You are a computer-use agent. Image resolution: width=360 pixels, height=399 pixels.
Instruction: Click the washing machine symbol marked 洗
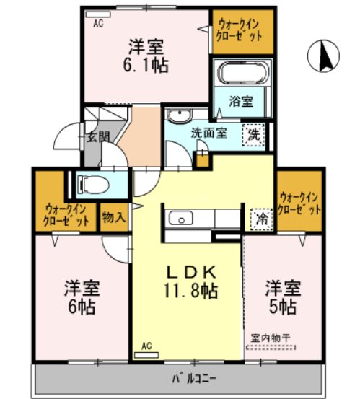[x=254, y=134]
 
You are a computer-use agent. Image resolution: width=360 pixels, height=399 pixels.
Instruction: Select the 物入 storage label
[x=113, y=216]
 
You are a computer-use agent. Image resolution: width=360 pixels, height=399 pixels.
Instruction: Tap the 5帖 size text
[x=281, y=307]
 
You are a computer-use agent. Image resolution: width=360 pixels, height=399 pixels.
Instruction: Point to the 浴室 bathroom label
[x=242, y=102]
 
